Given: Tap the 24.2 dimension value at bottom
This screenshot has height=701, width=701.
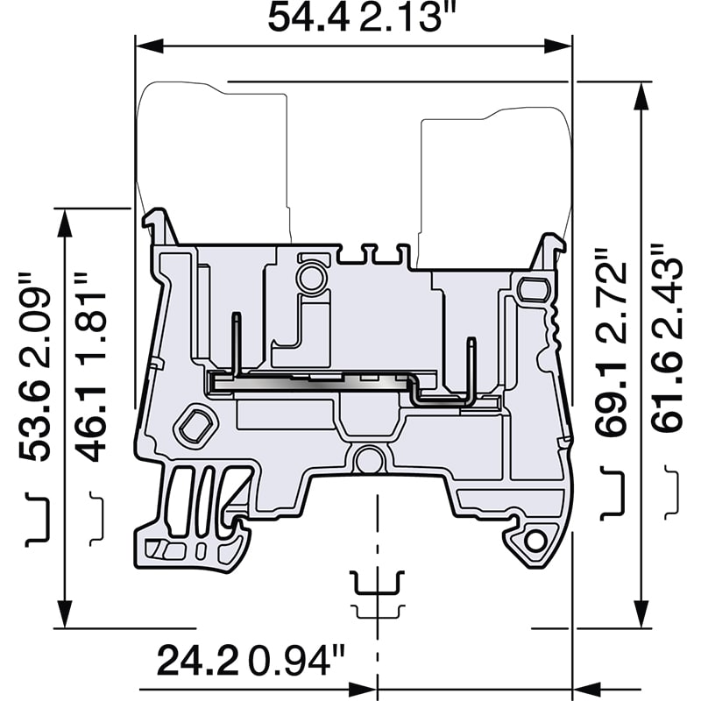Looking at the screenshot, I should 199,660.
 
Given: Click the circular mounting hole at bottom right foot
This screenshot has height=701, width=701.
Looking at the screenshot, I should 534,542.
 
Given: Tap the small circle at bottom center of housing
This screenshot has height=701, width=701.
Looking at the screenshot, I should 370,459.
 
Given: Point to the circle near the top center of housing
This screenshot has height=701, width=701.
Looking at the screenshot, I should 309,279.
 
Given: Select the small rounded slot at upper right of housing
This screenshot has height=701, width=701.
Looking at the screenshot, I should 531,288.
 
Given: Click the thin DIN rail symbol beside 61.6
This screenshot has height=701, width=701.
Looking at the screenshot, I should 671,492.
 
